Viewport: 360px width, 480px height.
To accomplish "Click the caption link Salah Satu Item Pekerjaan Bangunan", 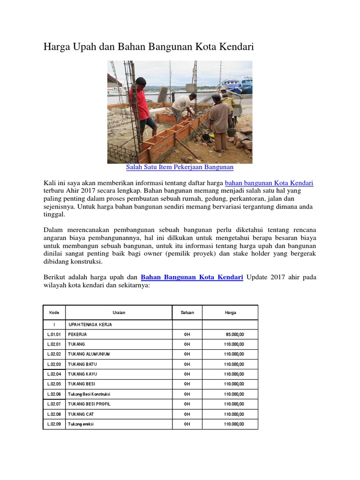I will point(180,167).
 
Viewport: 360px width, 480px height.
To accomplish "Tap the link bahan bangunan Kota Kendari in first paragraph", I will point(269,183).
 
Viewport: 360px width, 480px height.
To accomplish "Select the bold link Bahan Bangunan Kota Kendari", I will point(192,277).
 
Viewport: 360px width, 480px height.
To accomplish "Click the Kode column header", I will point(54,312).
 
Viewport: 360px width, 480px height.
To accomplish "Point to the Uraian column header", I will point(119,312).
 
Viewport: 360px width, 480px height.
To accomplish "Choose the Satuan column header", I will point(187,312).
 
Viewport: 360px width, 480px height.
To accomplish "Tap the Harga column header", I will point(230,312).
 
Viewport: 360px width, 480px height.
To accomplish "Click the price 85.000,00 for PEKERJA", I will point(235,334).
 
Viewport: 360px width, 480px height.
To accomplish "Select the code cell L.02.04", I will point(54,374).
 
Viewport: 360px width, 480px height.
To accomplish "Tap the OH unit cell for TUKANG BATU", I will point(187,364).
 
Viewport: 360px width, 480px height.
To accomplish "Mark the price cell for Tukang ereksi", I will point(234,424).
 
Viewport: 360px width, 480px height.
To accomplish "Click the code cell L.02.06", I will point(54,394).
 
